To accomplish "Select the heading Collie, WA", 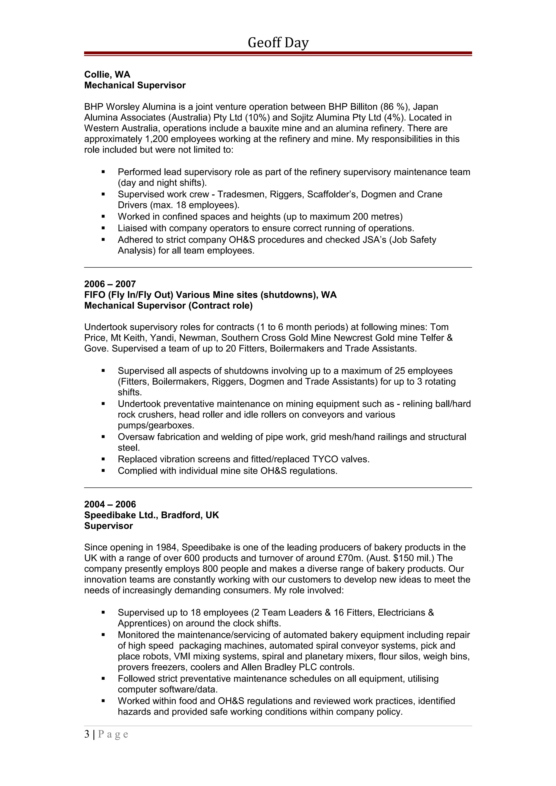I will pyautogui.click(x=107, y=75).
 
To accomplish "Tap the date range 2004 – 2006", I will pyautogui.click(x=110, y=504).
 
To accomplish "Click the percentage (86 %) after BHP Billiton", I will pyautogui.click(x=395, y=107).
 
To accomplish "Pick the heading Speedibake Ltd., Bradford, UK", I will pyautogui.click(x=151, y=515).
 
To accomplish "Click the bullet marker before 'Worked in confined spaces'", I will pyautogui.click(x=103, y=217).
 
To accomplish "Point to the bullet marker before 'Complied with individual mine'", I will pyautogui.click(x=103, y=471).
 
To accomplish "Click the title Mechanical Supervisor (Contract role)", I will pyautogui.click(x=168, y=305).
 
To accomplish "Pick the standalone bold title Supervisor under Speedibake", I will pyautogui.click(x=108, y=526).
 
